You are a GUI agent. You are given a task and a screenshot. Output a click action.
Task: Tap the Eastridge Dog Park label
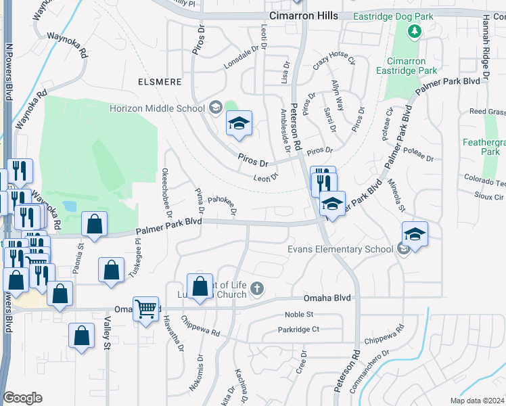coord(414,16)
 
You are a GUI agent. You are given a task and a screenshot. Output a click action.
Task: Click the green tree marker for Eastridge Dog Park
coord(414,31)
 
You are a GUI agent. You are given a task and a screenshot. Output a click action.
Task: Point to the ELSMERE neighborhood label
coord(160,82)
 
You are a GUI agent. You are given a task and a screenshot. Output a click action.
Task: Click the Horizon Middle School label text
coord(158,108)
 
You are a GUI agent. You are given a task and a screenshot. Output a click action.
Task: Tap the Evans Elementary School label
coord(340,249)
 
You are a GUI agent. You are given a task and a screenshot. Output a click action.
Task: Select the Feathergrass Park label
coord(483,148)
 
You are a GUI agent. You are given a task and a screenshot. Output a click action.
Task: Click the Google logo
coord(22,398)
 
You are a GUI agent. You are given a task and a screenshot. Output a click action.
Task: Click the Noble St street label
coord(299,315)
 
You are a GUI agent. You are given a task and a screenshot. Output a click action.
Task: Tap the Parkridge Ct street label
coord(298,330)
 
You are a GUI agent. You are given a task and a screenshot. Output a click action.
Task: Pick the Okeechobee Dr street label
coord(166,191)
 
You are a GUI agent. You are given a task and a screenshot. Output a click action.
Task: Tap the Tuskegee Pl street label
coord(139,258)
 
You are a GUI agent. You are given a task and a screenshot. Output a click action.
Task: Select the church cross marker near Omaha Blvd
coord(256,289)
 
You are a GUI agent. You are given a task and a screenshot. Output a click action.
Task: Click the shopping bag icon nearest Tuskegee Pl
coord(111,269)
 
